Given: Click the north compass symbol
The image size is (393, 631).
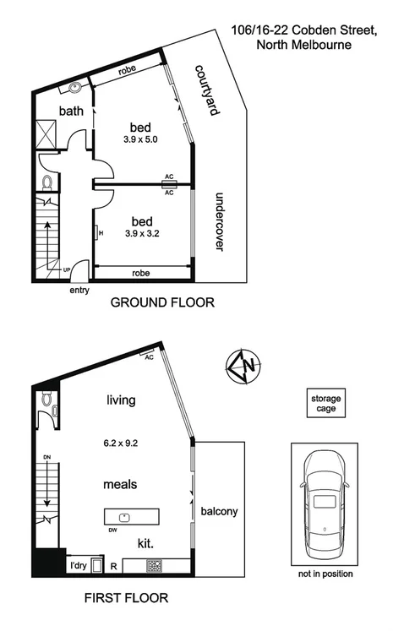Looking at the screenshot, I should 242,366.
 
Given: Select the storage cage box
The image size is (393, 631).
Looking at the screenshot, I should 326,403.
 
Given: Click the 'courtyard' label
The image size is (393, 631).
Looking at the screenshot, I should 201,91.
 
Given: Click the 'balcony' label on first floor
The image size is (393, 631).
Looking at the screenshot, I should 219,511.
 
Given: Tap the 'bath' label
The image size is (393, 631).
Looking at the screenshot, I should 71,111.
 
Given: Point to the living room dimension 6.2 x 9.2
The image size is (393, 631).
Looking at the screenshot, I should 122,442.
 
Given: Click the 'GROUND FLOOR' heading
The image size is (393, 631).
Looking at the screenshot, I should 162,302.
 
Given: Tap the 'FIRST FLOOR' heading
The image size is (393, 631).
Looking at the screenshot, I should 126,598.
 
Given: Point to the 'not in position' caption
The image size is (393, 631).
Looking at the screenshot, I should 326,574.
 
